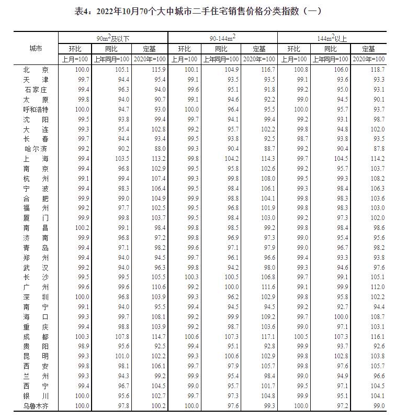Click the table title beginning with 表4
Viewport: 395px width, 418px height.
[x=197, y=11]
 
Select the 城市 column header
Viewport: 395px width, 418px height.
[x=36, y=48]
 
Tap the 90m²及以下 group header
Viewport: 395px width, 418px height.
[x=112, y=38]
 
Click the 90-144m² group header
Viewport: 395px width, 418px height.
[x=222, y=38]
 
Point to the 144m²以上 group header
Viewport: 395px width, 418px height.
[x=332, y=38]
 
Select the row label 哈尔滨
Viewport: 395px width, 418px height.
[x=36, y=149]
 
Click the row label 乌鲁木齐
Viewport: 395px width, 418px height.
[x=36, y=406]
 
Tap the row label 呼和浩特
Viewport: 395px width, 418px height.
[x=36, y=109]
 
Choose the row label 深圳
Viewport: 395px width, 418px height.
[x=36, y=297]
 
